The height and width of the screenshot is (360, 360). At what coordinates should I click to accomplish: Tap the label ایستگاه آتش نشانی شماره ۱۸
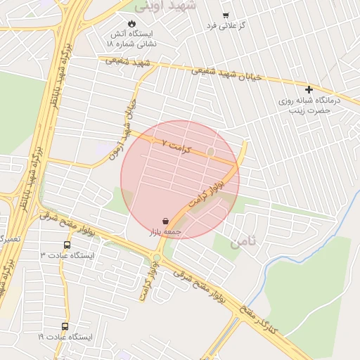(131, 38)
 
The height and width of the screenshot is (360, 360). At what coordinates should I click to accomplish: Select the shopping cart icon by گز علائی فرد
(225, 15)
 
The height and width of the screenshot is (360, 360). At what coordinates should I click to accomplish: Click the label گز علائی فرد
(225, 26)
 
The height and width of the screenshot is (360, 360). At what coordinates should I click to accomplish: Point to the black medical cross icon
(309, 89)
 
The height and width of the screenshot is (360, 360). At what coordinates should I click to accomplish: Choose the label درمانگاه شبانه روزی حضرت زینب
(309, 105)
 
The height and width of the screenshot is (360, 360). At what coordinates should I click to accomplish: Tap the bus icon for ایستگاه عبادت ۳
(67, 245)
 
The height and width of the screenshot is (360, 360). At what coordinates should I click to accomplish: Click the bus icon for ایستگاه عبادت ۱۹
(65, 326)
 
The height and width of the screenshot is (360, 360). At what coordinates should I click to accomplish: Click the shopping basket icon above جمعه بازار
(165, 220)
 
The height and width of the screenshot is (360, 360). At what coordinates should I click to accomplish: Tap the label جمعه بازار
(165, 231)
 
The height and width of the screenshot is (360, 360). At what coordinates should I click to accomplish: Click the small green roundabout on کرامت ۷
(210, 151)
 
